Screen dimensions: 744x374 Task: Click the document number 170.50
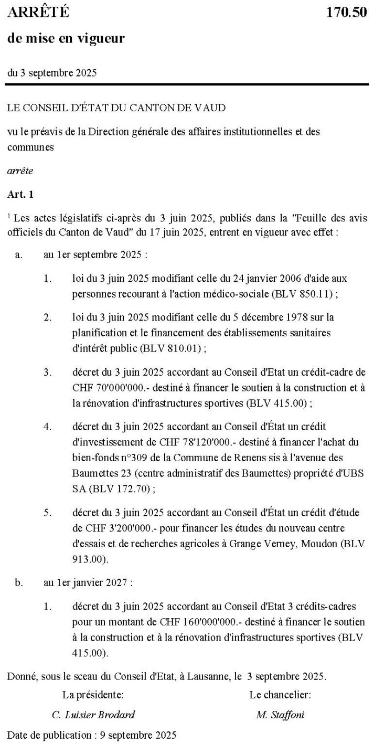pyautogui.click(x=347, y=13)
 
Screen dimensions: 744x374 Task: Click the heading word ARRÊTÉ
pyautogui.click(x=38, y=13)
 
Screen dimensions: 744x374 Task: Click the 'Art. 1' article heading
pyautogui.click(x=20, y=194)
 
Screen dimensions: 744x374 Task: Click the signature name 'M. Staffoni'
pyautogui.click(x=280, y=714)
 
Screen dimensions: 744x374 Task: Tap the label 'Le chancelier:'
pyautogui.click(x=280, y=695)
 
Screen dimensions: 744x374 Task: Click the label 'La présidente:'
pyautogui.click(x=93, y=695)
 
